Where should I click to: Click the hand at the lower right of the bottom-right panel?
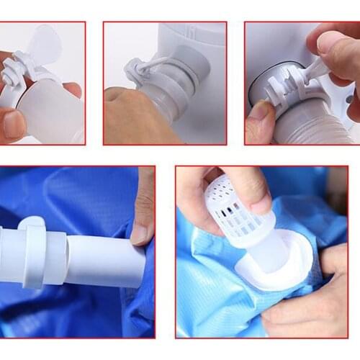point(317,302)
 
